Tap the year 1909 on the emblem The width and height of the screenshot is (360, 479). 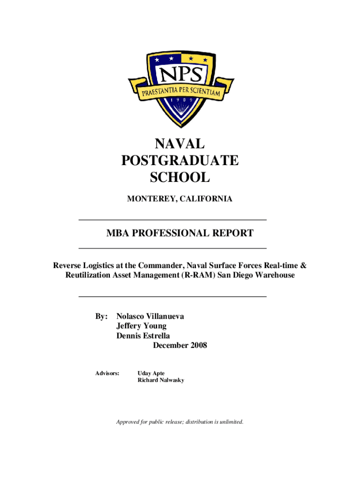point(181,100)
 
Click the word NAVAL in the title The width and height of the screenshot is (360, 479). point(180,143)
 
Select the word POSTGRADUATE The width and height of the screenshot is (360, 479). point(180,160)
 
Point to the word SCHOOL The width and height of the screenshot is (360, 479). point(180,178)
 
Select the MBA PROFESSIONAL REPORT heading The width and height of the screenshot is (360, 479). point(180,233)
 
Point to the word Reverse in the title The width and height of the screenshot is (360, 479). point(68,266)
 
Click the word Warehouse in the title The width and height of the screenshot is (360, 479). point(274,275)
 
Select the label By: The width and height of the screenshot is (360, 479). point(102,317)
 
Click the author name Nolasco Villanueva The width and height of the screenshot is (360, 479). point(150,317)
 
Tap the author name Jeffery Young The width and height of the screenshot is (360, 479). point(141,326)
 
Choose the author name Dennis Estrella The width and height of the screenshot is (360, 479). point(143,336)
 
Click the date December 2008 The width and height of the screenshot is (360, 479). point(180,346)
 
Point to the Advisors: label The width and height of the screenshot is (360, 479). point(107,373)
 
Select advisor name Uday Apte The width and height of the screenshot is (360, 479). point(151,373)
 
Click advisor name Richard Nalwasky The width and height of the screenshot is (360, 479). point(161,380)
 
